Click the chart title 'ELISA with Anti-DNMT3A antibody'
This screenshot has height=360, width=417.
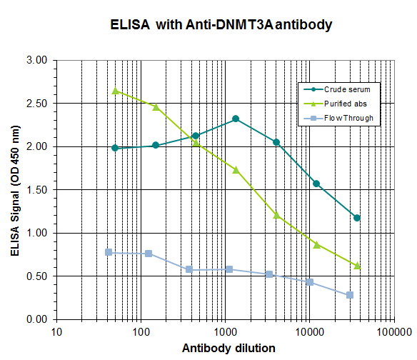tap(221, 24)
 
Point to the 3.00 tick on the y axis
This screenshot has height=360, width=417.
tap(36, 61)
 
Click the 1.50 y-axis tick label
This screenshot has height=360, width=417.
tap(36, 190)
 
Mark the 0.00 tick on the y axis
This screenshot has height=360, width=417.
tap(36, 319)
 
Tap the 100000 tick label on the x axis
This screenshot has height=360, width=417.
tap(393, 332)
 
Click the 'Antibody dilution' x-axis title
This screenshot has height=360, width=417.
tap(228, 349)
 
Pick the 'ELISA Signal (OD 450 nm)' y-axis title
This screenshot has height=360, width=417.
tap(15, 190)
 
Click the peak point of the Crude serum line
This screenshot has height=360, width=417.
tap(236, 119)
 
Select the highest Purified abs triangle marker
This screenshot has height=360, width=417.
tap(115, 91)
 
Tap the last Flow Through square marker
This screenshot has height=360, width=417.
tap(350, 295)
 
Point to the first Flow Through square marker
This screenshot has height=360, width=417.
tap(109, 252)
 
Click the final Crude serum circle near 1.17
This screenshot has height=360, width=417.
tap(357, 218)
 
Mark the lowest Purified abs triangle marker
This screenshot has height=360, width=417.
tap(357, 266)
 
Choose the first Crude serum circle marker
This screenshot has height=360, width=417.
tap(115, 148)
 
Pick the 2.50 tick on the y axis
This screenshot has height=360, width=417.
tap(36, 104)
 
